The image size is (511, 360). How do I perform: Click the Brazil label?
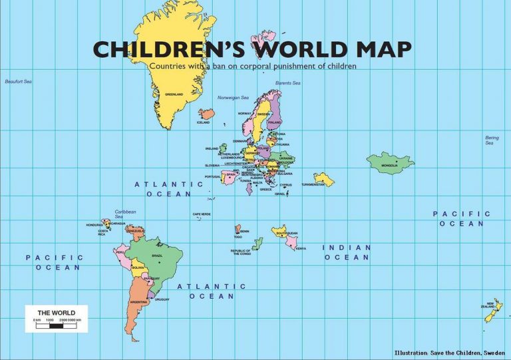[157, 256]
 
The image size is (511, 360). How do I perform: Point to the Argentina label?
[138, 302]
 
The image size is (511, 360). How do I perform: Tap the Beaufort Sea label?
[18, 82]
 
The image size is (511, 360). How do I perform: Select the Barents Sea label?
[287, 83]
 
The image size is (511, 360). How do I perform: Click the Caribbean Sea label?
[125, 214]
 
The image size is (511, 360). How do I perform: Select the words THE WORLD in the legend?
[56, 313]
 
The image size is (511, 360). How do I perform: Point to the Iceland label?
[203, 122]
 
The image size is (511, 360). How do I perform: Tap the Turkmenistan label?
[313, 184]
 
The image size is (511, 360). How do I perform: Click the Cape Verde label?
[201, 214]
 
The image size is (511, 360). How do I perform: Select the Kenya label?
[301, 248]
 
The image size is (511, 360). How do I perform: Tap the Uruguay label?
[162, 299]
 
